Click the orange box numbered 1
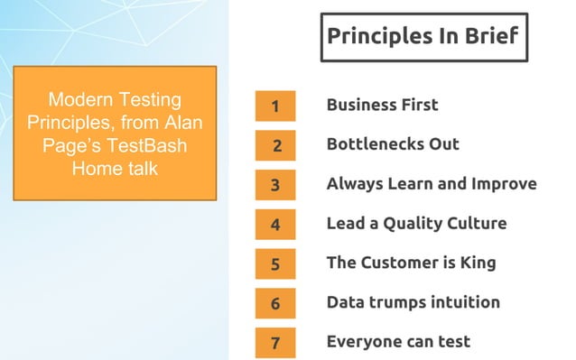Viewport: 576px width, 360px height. click(x=275, y=106)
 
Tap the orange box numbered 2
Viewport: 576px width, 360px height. click(x=275, y=145)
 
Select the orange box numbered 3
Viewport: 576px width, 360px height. click(x=275, y=185)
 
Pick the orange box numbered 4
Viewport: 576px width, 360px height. click(x=275, y=225)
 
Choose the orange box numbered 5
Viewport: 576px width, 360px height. click(x=275, y=264)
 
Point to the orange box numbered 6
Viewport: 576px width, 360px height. click(x=275, y=304)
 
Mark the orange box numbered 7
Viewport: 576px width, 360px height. click(x=275, y=343)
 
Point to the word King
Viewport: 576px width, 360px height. click(x=476, y=263)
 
